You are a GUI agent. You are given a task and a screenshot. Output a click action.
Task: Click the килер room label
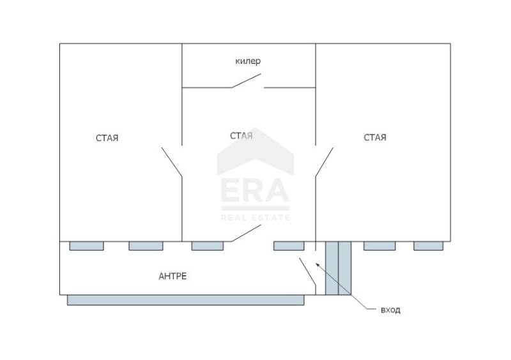point(248,61)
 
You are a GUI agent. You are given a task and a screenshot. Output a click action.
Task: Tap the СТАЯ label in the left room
point(108,138)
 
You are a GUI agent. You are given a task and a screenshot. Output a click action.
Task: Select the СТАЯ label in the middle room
point(241,135)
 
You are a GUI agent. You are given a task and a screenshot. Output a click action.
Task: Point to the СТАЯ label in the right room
point(375,137)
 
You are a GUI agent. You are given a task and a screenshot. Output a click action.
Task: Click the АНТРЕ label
point(172,276)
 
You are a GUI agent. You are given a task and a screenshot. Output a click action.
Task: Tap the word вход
point(390,310)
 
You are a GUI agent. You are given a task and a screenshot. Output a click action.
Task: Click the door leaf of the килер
point(247,80)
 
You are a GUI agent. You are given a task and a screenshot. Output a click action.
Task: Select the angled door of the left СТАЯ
point(172,163)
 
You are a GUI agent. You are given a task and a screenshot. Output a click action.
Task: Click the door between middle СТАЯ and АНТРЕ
point(243,235)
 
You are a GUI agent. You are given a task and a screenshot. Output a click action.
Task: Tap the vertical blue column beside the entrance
point(338,268)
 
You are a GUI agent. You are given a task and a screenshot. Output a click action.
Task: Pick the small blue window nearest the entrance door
point(289,246)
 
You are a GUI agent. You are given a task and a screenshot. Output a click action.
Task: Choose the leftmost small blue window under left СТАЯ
point(86,246)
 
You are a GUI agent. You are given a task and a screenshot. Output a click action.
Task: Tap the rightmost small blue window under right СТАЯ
point(428,246)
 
